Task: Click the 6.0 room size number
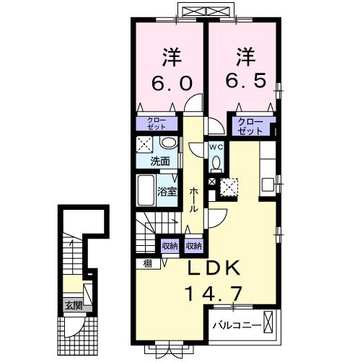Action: [x=172, y=84]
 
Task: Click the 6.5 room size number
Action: [x=246, y=80]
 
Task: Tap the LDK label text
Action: [x=214, y=268]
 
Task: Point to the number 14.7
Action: [x=214, y=293]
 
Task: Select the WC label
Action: [x=216, y=148]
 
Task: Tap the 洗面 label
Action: [x=160, y=162]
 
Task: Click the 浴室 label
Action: [x=167, y=192]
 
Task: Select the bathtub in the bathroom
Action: [x=146, y=190]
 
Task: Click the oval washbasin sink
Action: [x=169, y=143]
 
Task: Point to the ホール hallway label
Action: [x=193, y=200]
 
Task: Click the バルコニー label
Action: [x=237, y=326]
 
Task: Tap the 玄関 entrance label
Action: [x=74, y=306]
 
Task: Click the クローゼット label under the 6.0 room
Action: [x=157, y=124]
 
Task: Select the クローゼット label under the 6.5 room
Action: [x=250, y=127]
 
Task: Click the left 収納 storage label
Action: [x=170, y=246]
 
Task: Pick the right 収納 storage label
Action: [x=194, y=246]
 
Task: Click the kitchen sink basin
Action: [x=268, y=185]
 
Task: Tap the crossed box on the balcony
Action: [x=268, y=322]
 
